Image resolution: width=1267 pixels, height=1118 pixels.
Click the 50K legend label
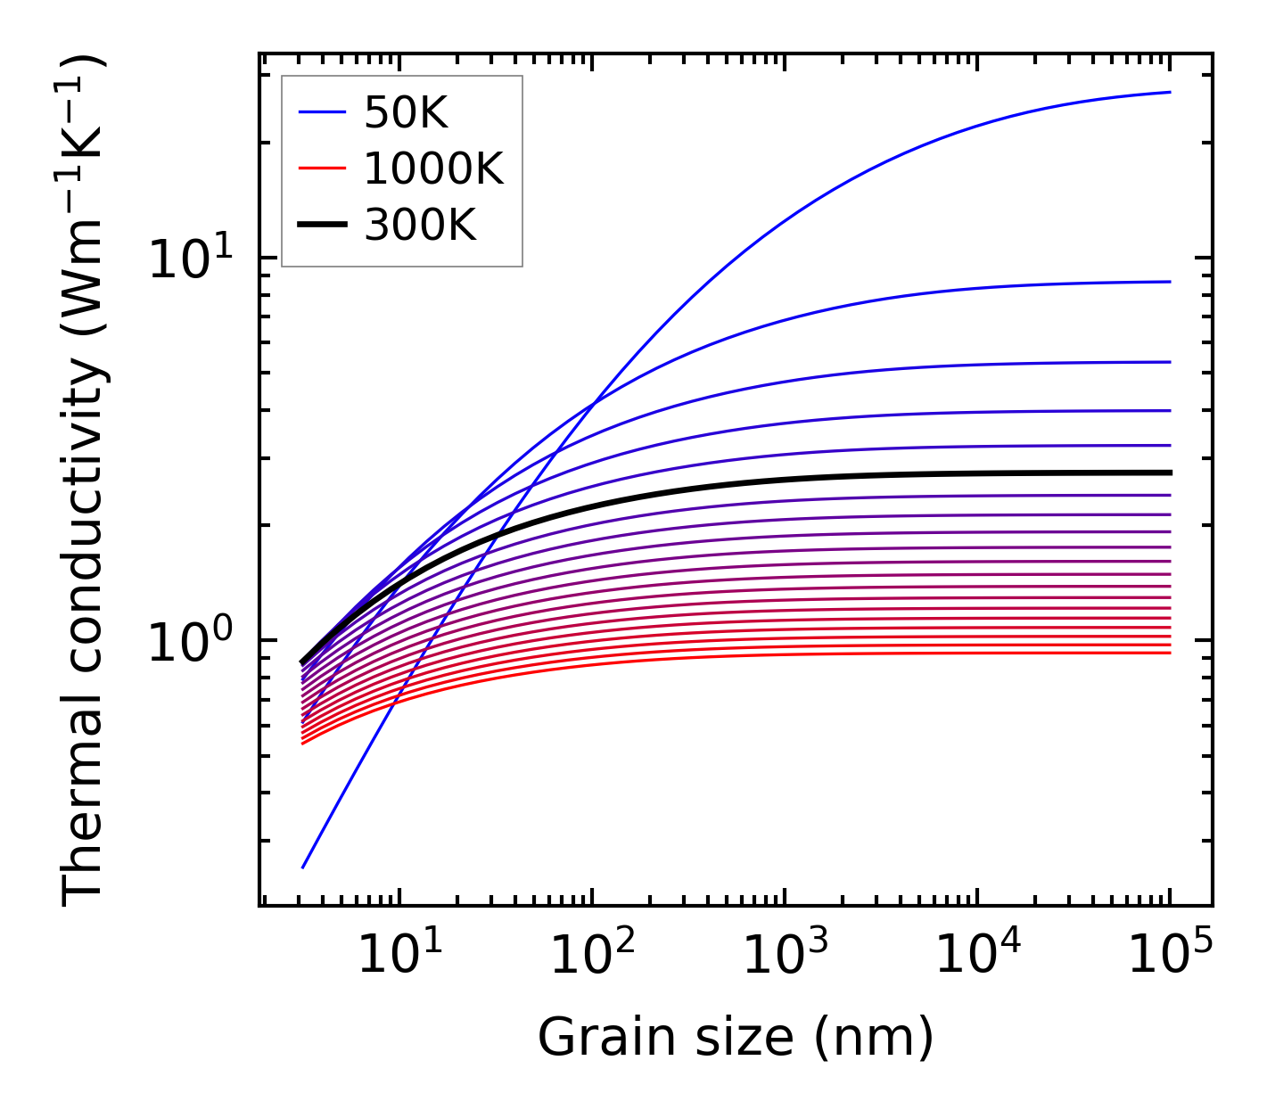point(406,113)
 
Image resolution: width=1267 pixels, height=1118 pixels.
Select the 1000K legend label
point(433,169)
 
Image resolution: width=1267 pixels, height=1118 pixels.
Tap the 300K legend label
point(420,226)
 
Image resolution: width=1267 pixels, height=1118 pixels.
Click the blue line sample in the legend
point(321,112)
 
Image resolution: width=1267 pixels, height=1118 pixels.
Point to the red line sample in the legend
point(321,169)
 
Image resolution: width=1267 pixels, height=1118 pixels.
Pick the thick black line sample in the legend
point(321,226)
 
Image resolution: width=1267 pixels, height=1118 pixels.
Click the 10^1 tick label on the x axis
point(399,956)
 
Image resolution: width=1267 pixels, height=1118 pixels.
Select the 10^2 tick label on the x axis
point(592,956)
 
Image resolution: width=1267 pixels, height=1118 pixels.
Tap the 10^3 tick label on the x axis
point(785,956)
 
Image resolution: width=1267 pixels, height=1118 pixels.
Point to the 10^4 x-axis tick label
point(977,956)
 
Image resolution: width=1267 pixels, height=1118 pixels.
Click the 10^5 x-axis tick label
point(1170,956)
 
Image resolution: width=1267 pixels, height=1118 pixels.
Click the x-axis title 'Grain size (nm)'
point(736,1038)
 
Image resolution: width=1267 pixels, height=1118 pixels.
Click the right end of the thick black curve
point(1169,473)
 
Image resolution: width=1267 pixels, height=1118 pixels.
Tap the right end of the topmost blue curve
point(1169,92)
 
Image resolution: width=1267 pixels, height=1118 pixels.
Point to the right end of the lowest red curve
point(1169,653)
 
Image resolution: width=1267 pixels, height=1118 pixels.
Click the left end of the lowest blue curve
point(304,867)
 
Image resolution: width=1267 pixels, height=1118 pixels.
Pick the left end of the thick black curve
point(303,662)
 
